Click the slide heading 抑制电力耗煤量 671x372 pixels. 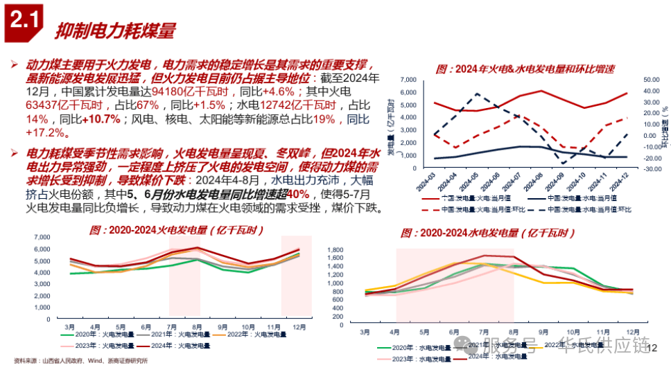(115, 30)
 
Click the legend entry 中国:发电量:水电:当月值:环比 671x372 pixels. (590, 210)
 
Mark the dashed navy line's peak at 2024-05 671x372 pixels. (477, 94)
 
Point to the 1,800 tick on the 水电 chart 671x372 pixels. (354, 249)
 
